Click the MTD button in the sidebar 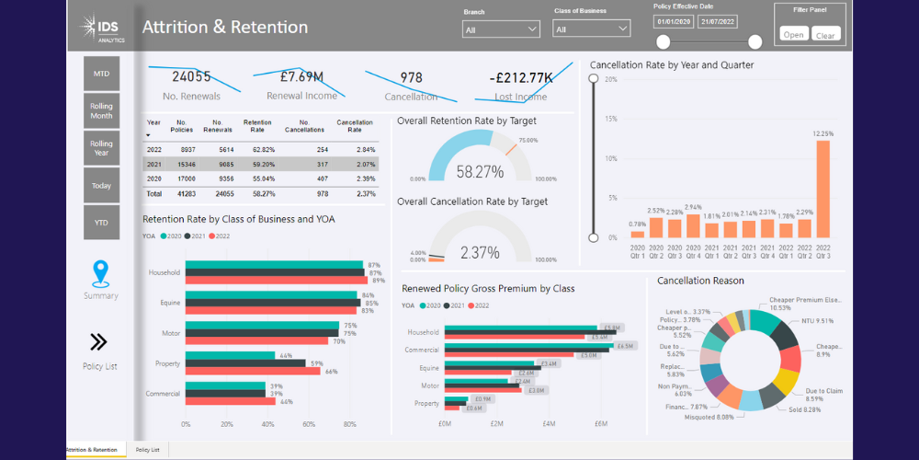pos(101,74)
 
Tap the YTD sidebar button pos(101,221)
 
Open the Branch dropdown pos(501,29)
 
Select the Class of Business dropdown pos(592,29)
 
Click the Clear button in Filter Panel pos(825,35)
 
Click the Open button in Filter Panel pos(794,35)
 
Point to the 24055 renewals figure pos(191,77)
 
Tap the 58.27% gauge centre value pos(480,172)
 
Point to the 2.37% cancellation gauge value pos(480,252)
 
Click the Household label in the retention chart pos(164,272)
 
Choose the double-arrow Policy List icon pos(99,342)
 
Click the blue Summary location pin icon pos(101,273)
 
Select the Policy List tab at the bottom pos(147,450)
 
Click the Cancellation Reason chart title pos(701,281)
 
